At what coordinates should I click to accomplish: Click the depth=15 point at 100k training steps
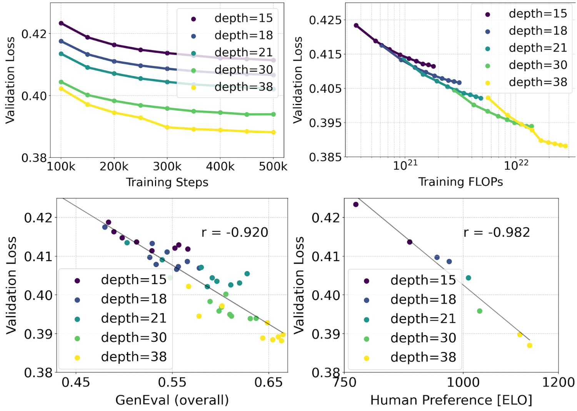coord(61,23)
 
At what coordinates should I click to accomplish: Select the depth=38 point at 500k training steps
coord(273,132)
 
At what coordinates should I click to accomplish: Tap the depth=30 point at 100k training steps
coord(61,82)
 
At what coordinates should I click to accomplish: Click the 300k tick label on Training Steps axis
coord(167,167)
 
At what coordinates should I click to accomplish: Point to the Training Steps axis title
coord(167,182)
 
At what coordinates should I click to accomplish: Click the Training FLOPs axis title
coord(460,182)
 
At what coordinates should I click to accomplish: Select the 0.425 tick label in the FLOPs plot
coord(325,20)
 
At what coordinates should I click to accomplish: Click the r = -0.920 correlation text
coord(235,232)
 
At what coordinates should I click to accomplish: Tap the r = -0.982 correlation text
coord(497,232)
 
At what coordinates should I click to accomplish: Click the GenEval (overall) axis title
coord(172,400)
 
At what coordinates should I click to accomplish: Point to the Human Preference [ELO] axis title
coord(451,400)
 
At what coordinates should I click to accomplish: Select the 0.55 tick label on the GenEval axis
coord(172,382)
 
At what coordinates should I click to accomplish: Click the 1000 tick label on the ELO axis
coord(463,382)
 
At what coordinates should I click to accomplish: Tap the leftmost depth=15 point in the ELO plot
coord(356,204)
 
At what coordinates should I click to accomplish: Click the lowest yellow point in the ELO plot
coord(530,345)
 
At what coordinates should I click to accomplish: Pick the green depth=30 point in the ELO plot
coord(480,311)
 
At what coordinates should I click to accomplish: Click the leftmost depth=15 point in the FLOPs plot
coord(356,25)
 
